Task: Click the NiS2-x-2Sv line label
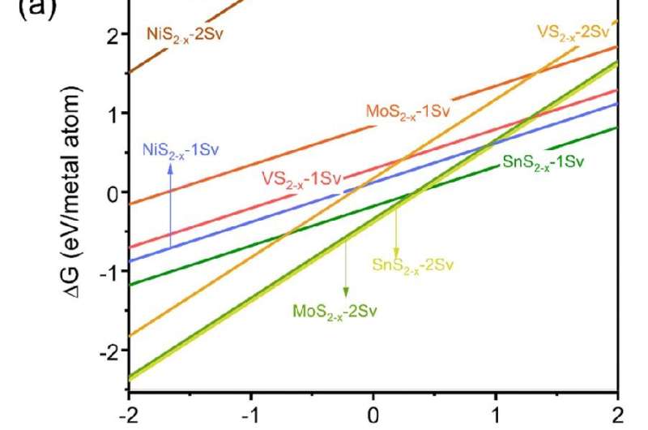185,35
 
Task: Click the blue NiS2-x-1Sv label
176,149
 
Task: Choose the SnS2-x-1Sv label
543,162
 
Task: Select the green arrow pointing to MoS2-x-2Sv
346,269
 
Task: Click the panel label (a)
24,12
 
